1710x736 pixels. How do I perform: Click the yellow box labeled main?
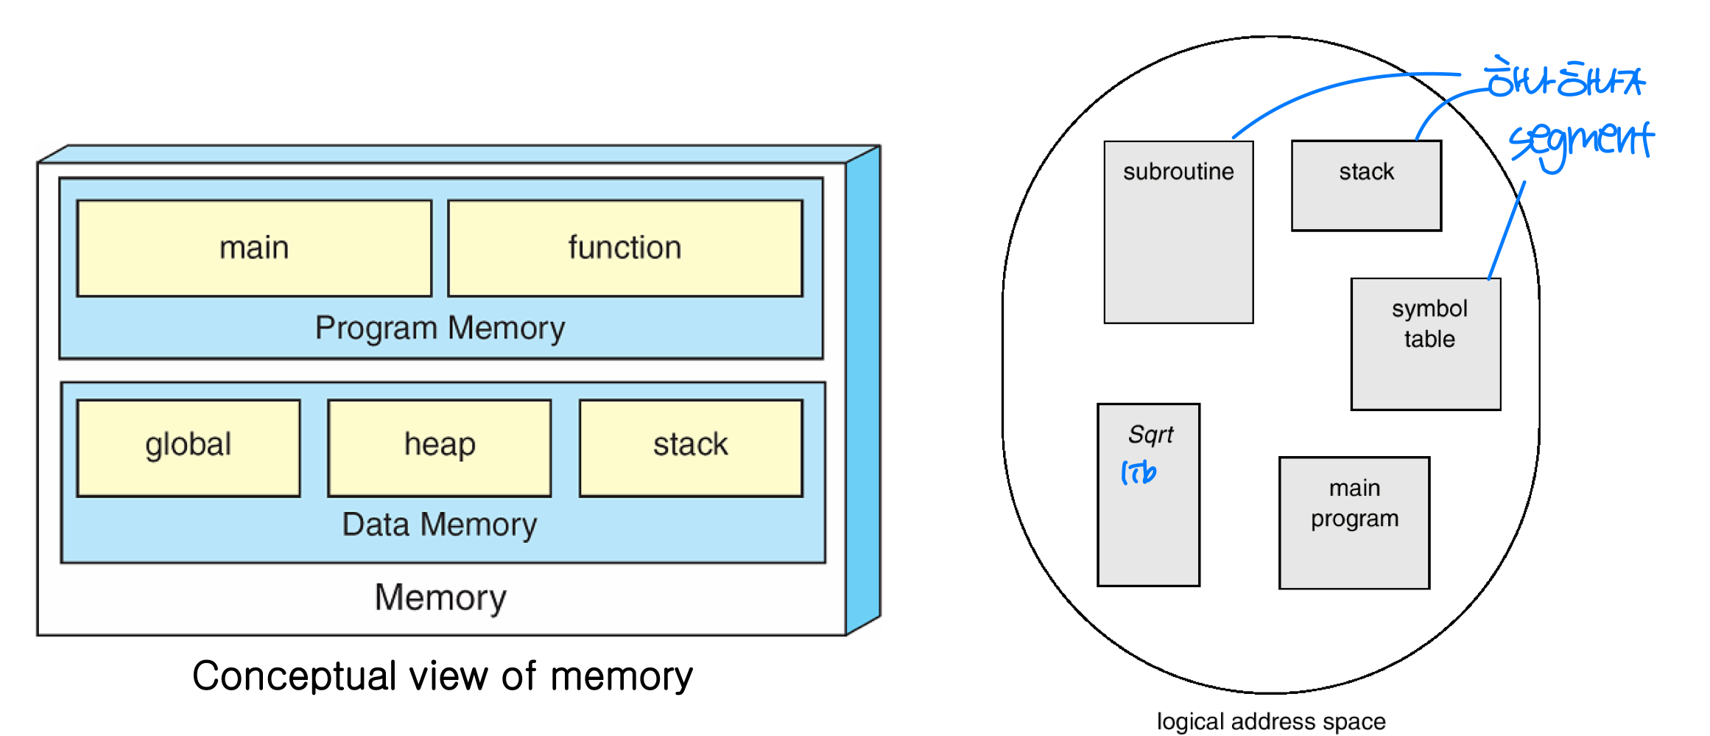254,248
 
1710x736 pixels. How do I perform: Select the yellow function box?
624,248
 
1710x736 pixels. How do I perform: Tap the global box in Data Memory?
189,447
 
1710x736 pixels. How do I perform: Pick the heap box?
440,447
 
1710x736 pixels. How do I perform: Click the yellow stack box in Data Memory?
691,447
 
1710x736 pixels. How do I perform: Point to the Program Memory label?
440,328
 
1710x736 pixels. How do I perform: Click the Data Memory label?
440,525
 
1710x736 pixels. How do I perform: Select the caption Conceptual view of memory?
442,676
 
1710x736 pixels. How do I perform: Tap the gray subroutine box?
1178,232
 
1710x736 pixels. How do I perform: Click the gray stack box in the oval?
1366,186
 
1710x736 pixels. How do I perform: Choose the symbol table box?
1426,343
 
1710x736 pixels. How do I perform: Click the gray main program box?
1354,522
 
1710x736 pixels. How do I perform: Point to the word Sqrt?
1150,435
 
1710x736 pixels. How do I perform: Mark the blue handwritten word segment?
1580,141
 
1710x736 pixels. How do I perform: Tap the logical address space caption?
1271,721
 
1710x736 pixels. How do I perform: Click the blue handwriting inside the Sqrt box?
1139,472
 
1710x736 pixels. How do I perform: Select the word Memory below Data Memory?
440,597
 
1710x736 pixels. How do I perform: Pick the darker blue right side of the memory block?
863,390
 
